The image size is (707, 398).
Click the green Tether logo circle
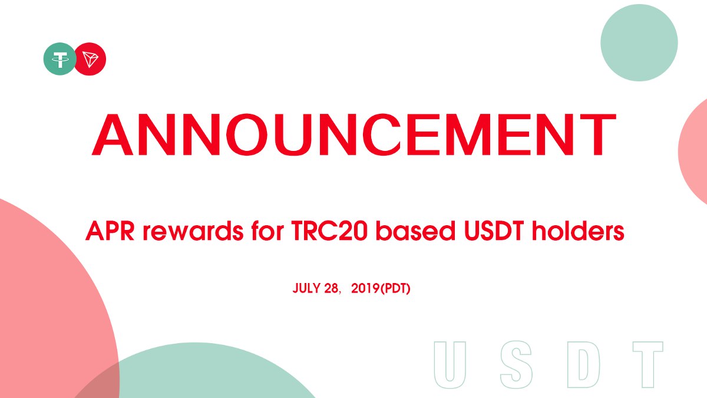tap(60, 59)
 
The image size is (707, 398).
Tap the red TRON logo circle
tap(90, 59)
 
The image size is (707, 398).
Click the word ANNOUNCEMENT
tap(354, 134)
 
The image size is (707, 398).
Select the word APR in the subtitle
tap(110, 231)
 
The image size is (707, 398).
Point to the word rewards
tap(193, 231)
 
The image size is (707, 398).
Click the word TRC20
tap(329, 231)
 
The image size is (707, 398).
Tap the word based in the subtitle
tap(415, 231)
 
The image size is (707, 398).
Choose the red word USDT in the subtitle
tap(494, 231)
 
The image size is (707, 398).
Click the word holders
tap(578, 231)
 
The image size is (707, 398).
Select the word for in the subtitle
tap(267, 231)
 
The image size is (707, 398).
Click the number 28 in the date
tap(331, 288)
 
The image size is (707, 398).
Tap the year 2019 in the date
tap(365, 288)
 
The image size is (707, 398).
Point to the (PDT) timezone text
tap(395, 288)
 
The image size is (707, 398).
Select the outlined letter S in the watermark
tap(516, 364)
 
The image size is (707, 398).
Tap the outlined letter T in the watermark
tap(648, 364)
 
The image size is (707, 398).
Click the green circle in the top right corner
tap(639, 42)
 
